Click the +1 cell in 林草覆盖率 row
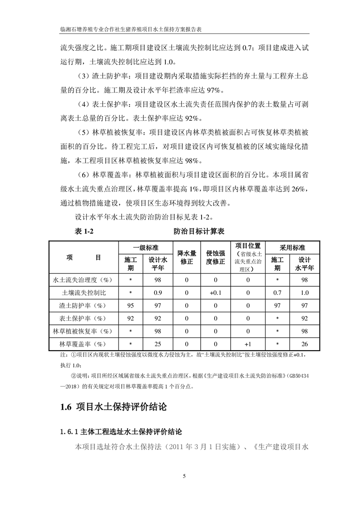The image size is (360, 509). pos(248,343)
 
